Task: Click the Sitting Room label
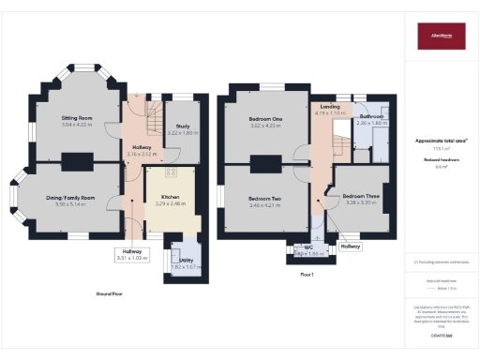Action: tap(79, 118)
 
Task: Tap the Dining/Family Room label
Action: tap(71, 199)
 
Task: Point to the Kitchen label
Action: tap(169, 197)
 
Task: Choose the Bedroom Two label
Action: tap(267, 198)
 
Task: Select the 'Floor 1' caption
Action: tap(307, 274)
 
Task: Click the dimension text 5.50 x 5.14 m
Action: tap(71, 204)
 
